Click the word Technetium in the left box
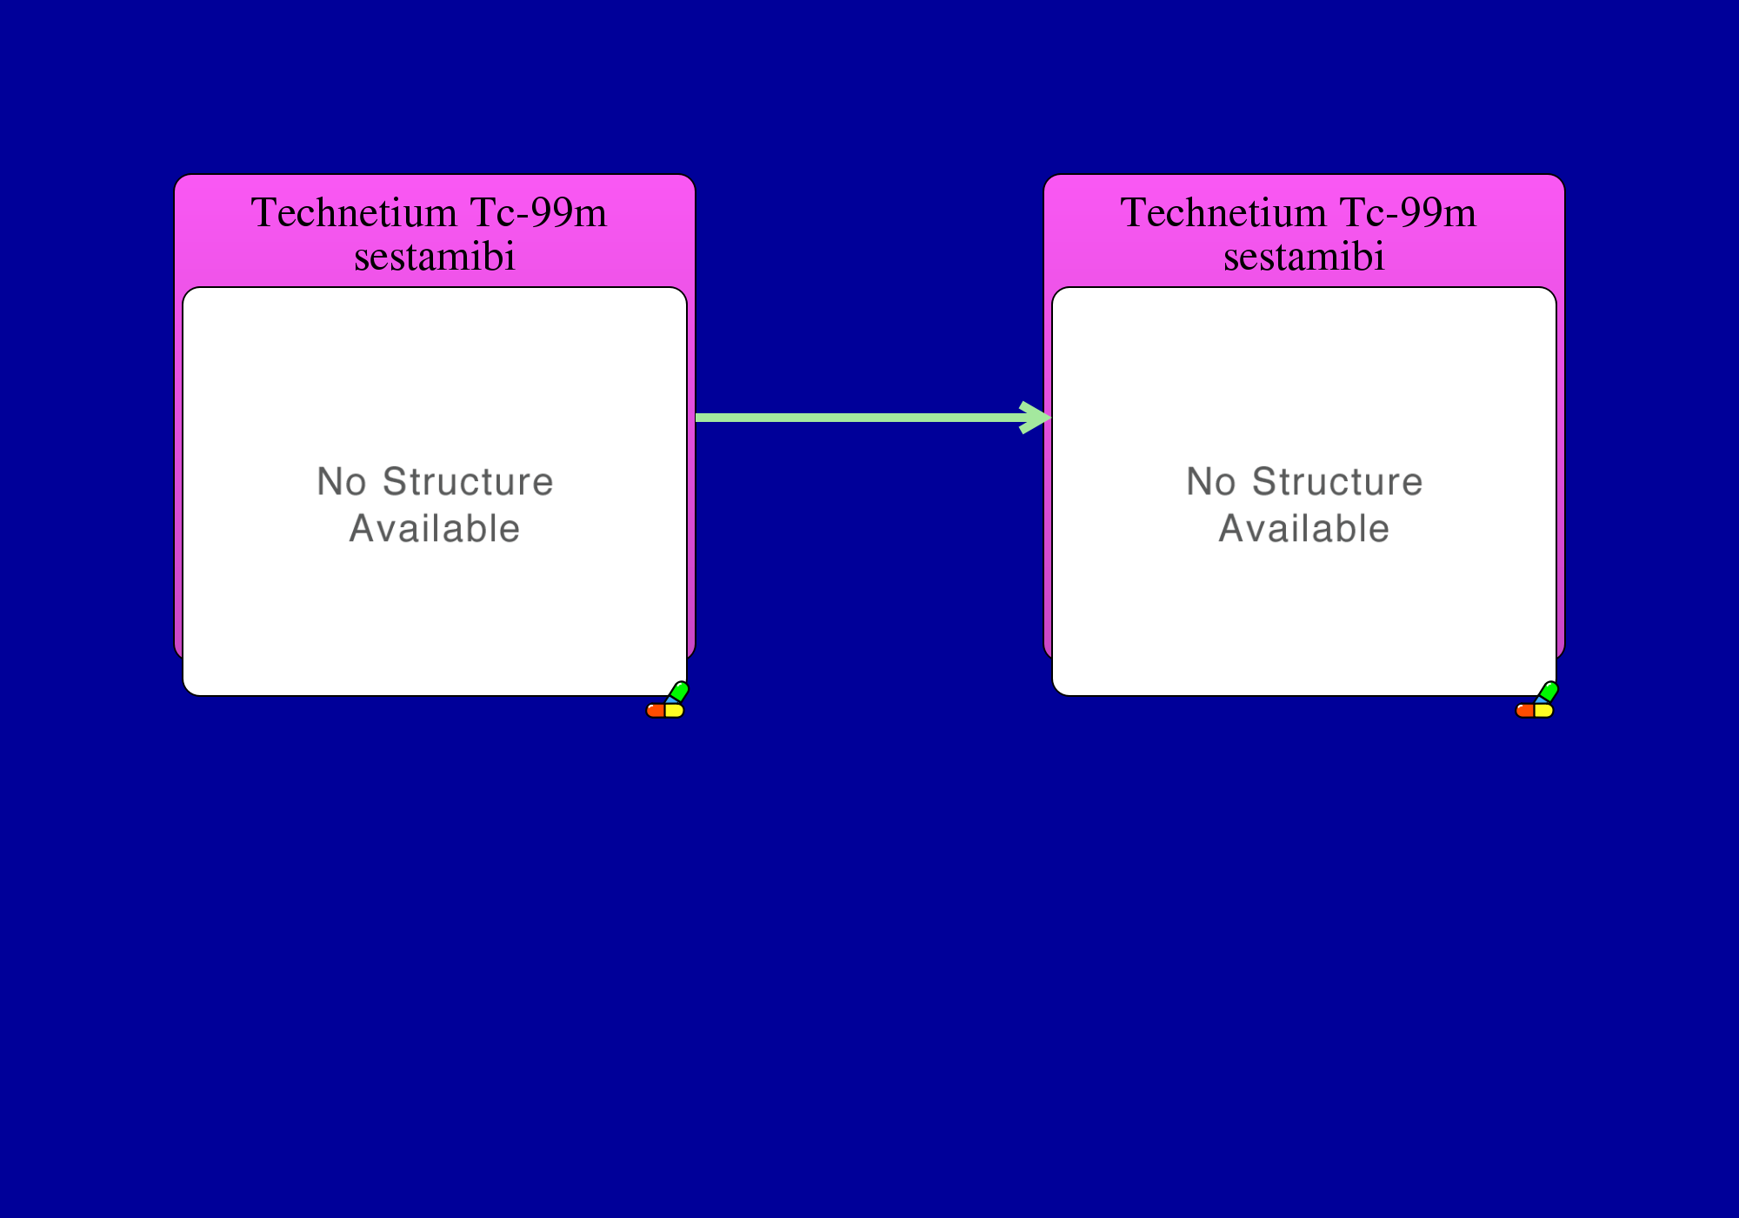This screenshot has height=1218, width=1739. pos(354,213)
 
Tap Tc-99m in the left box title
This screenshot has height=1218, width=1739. pos(538,213)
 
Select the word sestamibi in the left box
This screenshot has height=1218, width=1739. pos(435,258)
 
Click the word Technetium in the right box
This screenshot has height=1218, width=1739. pos(1223,213)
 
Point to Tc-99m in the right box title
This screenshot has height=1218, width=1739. pos(1408,213)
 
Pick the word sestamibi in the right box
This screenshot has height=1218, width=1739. pos(1304,258)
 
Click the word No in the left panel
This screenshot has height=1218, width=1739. pos(342,482)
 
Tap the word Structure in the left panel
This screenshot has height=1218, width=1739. pos(468,482)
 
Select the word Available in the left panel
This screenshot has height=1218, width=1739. pos(435,529)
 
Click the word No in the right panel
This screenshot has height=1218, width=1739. pos(1211,482)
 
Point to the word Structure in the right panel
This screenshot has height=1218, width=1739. pos(1337,482)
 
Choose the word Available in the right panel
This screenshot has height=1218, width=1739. pos(1304,529)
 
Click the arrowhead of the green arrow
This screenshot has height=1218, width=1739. pos(1039,418)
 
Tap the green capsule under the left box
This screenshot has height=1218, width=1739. pos(678,692)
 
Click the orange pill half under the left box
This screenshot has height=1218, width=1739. pos(656,711)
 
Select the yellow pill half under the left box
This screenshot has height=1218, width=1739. pos(675,711)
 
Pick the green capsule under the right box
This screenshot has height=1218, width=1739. pos(1548,692)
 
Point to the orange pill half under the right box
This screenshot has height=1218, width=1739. pos(1525,711)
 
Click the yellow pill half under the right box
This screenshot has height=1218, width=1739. pos(1544,711)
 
